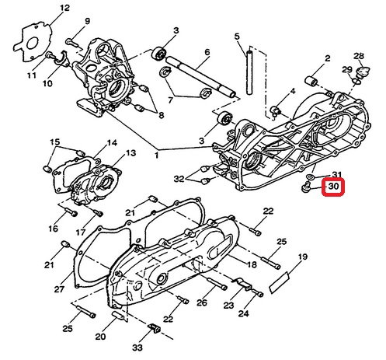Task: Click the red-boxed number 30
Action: (x=333, y=187)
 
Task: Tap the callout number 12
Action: (x=64, y=8)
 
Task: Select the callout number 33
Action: (x=137, y=348)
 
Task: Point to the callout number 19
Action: (x=303, y=257)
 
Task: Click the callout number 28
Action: (x=359, y=56)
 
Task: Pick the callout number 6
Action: (x=207, y=52)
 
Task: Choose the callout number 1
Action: (x=156, y=156)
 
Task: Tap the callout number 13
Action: (x=130, y=153)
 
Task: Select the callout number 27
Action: (x=59, y=289)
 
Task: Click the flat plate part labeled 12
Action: (x=33, y=43)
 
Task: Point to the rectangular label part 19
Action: (x=279, y=282)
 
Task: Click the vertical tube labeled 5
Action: (x=249, y=72)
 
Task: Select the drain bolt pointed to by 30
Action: (x=306, y=187)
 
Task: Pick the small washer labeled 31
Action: (x=310, y=177)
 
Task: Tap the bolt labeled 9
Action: (x=71, y=43)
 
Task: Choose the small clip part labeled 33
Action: (x=155, y=328)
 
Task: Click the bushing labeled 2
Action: (x=311, y=81)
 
